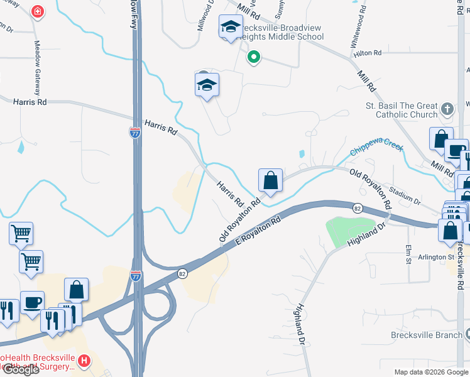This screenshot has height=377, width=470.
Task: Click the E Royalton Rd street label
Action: (258, 232)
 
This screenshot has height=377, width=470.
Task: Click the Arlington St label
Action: (434, 257)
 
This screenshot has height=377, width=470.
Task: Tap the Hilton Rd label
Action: (368, 54)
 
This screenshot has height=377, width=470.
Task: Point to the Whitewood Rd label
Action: (358, 29)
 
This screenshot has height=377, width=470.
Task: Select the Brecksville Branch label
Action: (426, 335)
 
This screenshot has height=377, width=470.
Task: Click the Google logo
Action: (20, 369)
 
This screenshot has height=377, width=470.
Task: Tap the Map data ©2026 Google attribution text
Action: (431, 372)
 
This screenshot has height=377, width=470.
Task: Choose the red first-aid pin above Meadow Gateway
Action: (38, 12)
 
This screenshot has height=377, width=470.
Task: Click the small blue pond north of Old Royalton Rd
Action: (302, 153)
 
